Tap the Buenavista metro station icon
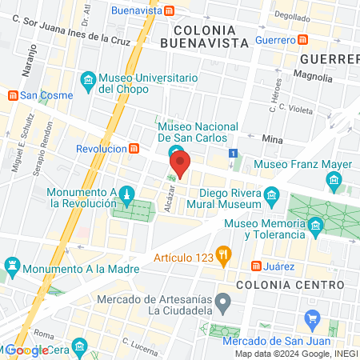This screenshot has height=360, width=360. point(170,11)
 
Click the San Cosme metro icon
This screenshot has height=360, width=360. point(12,95)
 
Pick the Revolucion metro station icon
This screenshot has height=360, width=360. point(134,148)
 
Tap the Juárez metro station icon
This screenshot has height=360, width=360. point(256,266)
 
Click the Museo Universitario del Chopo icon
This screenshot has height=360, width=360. point(88,79)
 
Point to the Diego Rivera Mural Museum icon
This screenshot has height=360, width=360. point(273,196)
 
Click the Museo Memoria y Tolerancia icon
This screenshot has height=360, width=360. point(316,228)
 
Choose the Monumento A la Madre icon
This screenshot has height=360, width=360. point(12,263)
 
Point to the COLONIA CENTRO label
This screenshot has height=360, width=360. point(284,284)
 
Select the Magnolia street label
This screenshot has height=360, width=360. point(313,78)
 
